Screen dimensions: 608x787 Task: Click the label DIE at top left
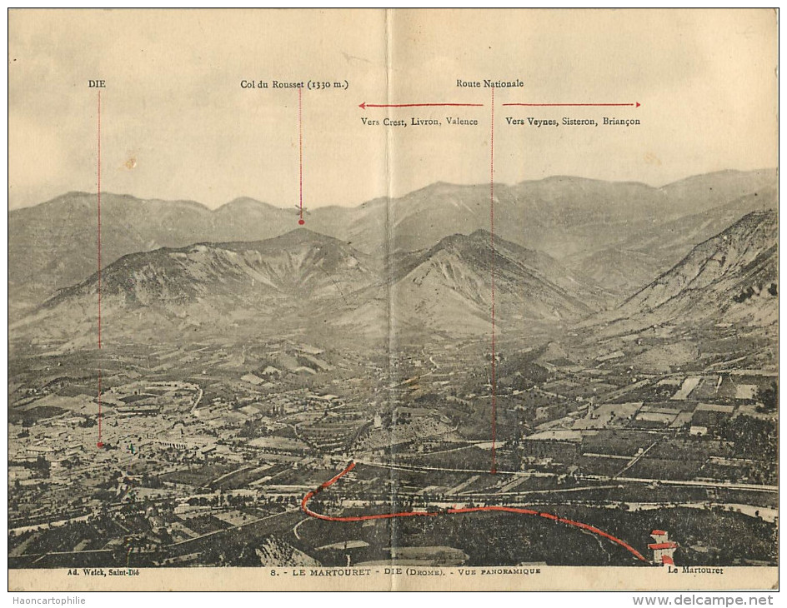click(97, 84)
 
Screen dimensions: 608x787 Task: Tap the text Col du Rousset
click(273, 84)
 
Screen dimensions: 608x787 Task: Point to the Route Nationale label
click(489, 83)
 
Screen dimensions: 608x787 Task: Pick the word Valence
click(461, 122)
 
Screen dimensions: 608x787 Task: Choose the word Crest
click(393, 122)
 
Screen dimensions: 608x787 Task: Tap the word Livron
click(426, 122)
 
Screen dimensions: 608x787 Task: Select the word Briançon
click(621, 122)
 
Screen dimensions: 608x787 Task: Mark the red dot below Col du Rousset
click(301, 222)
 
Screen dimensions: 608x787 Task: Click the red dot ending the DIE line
click(99, 445)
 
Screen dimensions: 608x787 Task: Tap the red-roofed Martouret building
click(662, 547)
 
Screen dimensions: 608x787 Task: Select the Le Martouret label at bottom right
click(694, 571)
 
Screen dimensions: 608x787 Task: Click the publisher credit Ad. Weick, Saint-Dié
click(101, 571)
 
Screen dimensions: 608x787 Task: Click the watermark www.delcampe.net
click(703, 600)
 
